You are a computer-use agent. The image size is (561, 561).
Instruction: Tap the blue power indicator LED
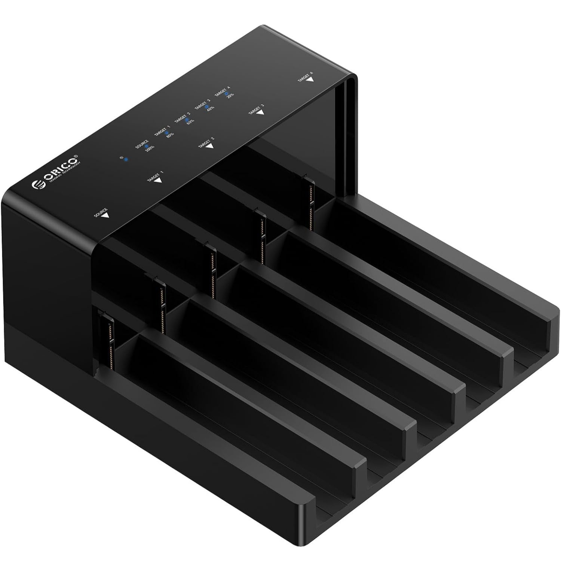(126, 160)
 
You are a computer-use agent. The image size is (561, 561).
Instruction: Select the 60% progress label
(190, 122)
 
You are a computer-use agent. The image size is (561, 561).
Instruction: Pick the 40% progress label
(210, 108)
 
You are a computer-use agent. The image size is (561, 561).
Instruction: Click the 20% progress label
(230, 94)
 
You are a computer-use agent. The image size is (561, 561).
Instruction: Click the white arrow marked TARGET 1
(158, 180)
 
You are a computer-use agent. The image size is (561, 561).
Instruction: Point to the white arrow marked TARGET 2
(210, 146)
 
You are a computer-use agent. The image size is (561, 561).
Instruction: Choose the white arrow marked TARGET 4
(310, 79)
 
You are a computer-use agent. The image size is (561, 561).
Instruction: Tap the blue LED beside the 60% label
(187, 120)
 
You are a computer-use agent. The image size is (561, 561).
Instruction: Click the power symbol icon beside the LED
(122, 157)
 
